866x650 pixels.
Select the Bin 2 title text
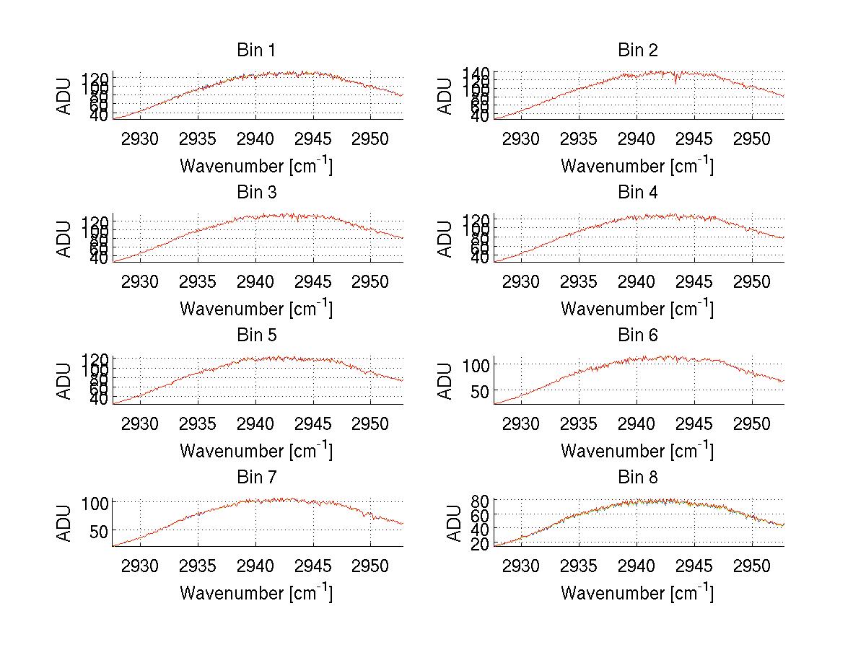(637, 50)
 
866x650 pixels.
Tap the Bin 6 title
(637, 335)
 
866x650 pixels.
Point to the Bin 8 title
(637, 478)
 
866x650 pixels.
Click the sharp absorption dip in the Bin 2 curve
(676, 80)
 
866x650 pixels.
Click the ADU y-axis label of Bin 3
(65, 238)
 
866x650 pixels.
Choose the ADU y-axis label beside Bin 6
(446, 381)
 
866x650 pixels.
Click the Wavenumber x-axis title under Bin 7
(255, 592)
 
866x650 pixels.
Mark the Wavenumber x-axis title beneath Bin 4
(637, 308)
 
